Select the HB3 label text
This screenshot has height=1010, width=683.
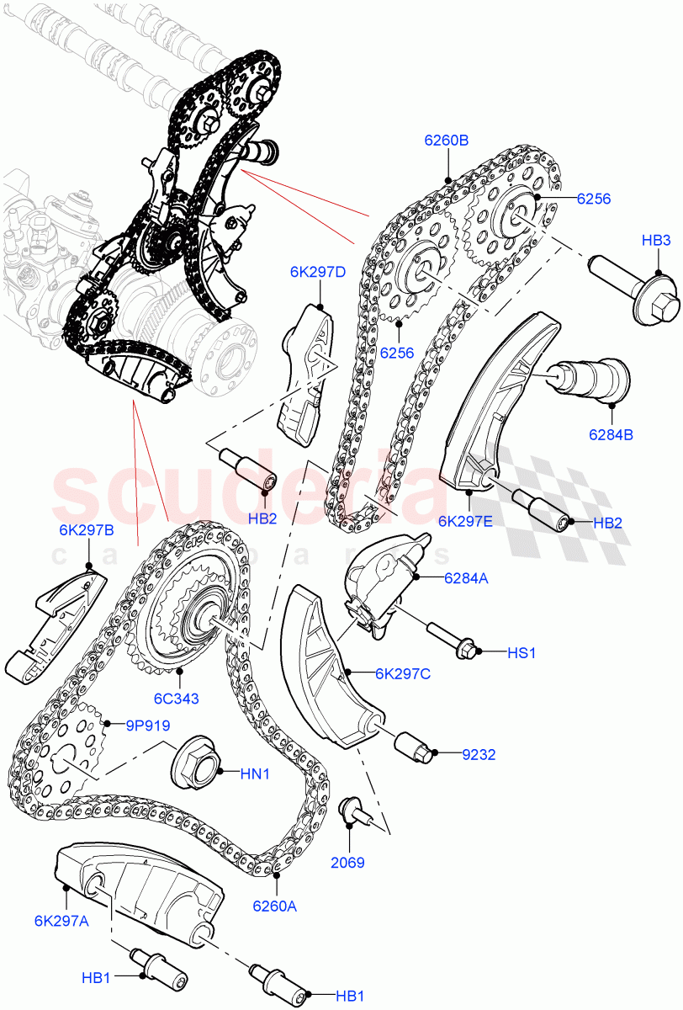pyautogui.click(x=656, y=242)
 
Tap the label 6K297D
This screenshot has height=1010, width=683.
pyautogui.click(x=318, y=272)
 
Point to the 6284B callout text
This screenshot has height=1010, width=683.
pyautogui.click(x=612, y=435)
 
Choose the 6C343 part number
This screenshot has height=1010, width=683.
pyautogui.click(x=176, y=697)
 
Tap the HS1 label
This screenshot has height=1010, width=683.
pyautogui.click(x=522, y=652)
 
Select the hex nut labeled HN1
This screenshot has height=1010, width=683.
pyautogui.click(x=195, y=765)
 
